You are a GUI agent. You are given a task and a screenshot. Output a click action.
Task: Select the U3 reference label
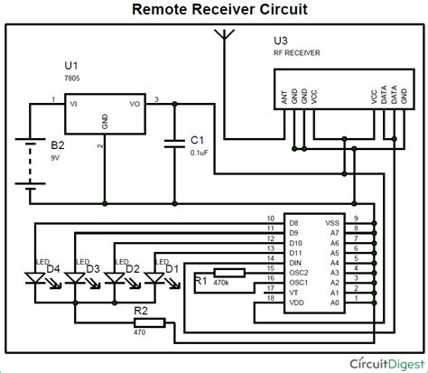pos(282,42)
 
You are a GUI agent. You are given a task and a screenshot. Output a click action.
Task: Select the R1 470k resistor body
pos(228,273)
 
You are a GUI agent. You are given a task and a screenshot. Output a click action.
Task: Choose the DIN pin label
pos(294,263)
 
